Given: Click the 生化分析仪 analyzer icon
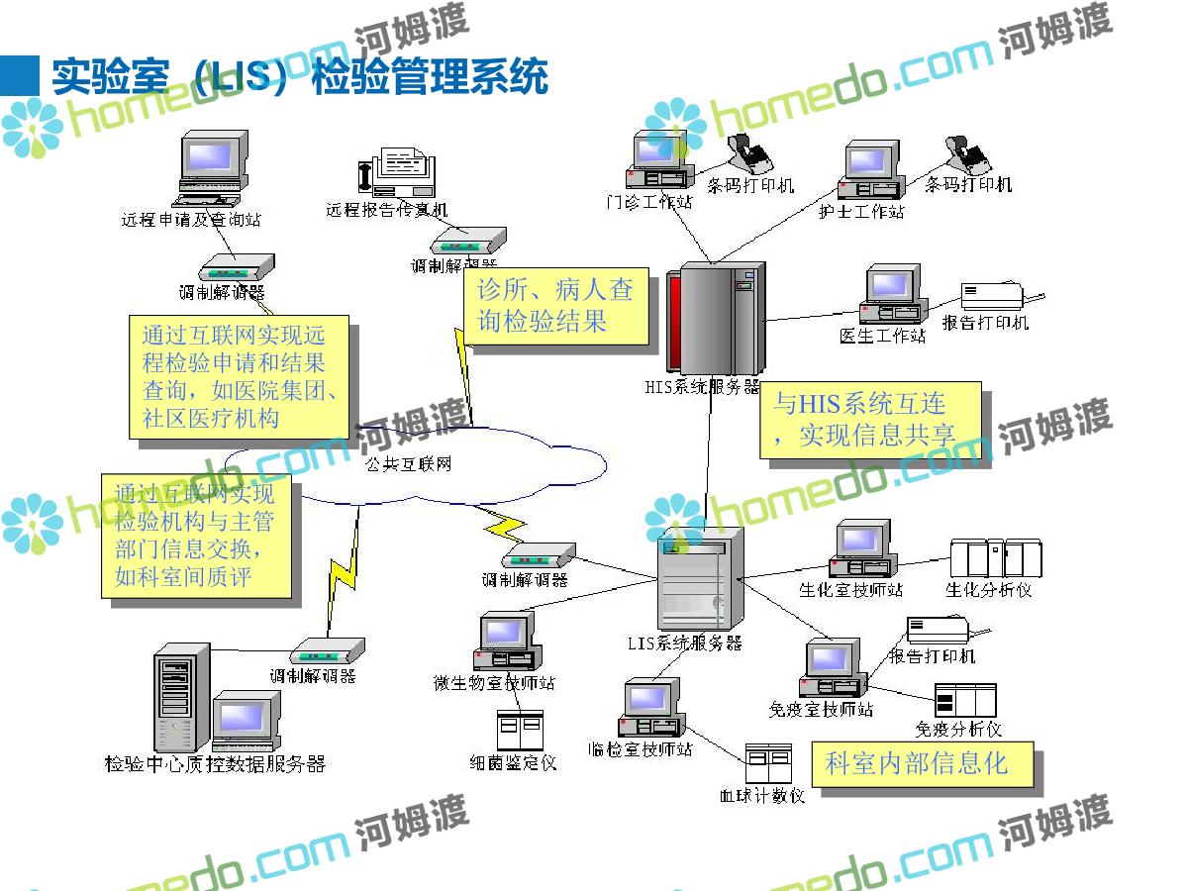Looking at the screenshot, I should point(995,558).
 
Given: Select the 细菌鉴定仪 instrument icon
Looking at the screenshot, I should point(519,730).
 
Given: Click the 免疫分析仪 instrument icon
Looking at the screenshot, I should point(964,700).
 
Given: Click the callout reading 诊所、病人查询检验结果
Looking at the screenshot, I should point(555,306).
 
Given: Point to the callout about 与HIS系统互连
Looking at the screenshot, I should point(870,420).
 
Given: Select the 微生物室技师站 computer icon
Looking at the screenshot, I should point(506,643).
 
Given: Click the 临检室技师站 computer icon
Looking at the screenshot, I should point(650,709).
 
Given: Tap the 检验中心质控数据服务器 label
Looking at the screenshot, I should point(215,764).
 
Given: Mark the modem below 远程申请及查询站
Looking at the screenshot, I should point(237,268).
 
